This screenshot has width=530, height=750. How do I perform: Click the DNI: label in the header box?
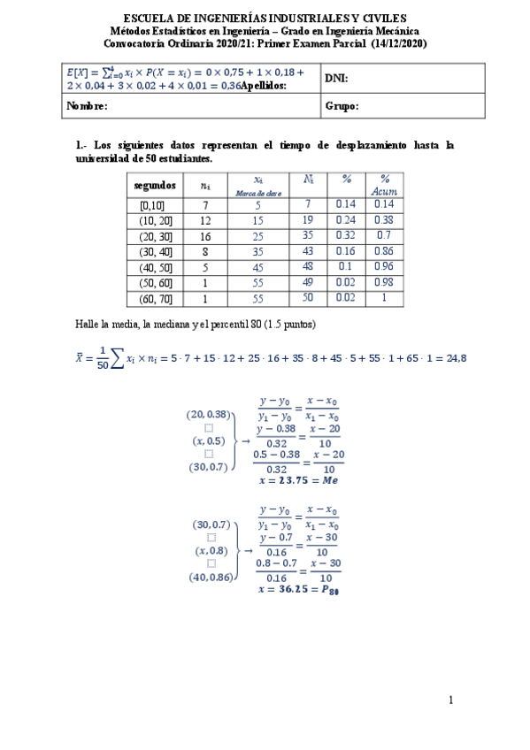pyautogui.click(x=336, y=78)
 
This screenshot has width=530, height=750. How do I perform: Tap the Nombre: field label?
pyautogui.click(x=88, y=106)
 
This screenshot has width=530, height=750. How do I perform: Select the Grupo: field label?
pyautogui.click(x=342, y=106)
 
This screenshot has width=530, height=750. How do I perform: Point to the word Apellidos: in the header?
pyautogui.click(x=265, y=86)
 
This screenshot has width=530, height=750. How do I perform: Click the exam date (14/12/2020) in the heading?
pyautogui.click(x=397, y=43)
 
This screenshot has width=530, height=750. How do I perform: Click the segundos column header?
pyautogui.click(x=156, y=186)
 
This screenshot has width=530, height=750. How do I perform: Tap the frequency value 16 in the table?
pyautogui.click(x=204, y=236)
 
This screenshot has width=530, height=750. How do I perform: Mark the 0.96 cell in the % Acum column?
pyautogui.click(x=383, y=267)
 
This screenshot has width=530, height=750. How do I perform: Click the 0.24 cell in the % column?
pyautogui.click(x=345, y=220)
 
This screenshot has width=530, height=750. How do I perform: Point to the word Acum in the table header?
pyautogui.click(x=383, y=191)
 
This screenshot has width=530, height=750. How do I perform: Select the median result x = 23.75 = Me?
pyautogui.click(x=298, y=480)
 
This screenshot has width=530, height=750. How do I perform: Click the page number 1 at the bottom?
pyautogui.click(x=450, y=701)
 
